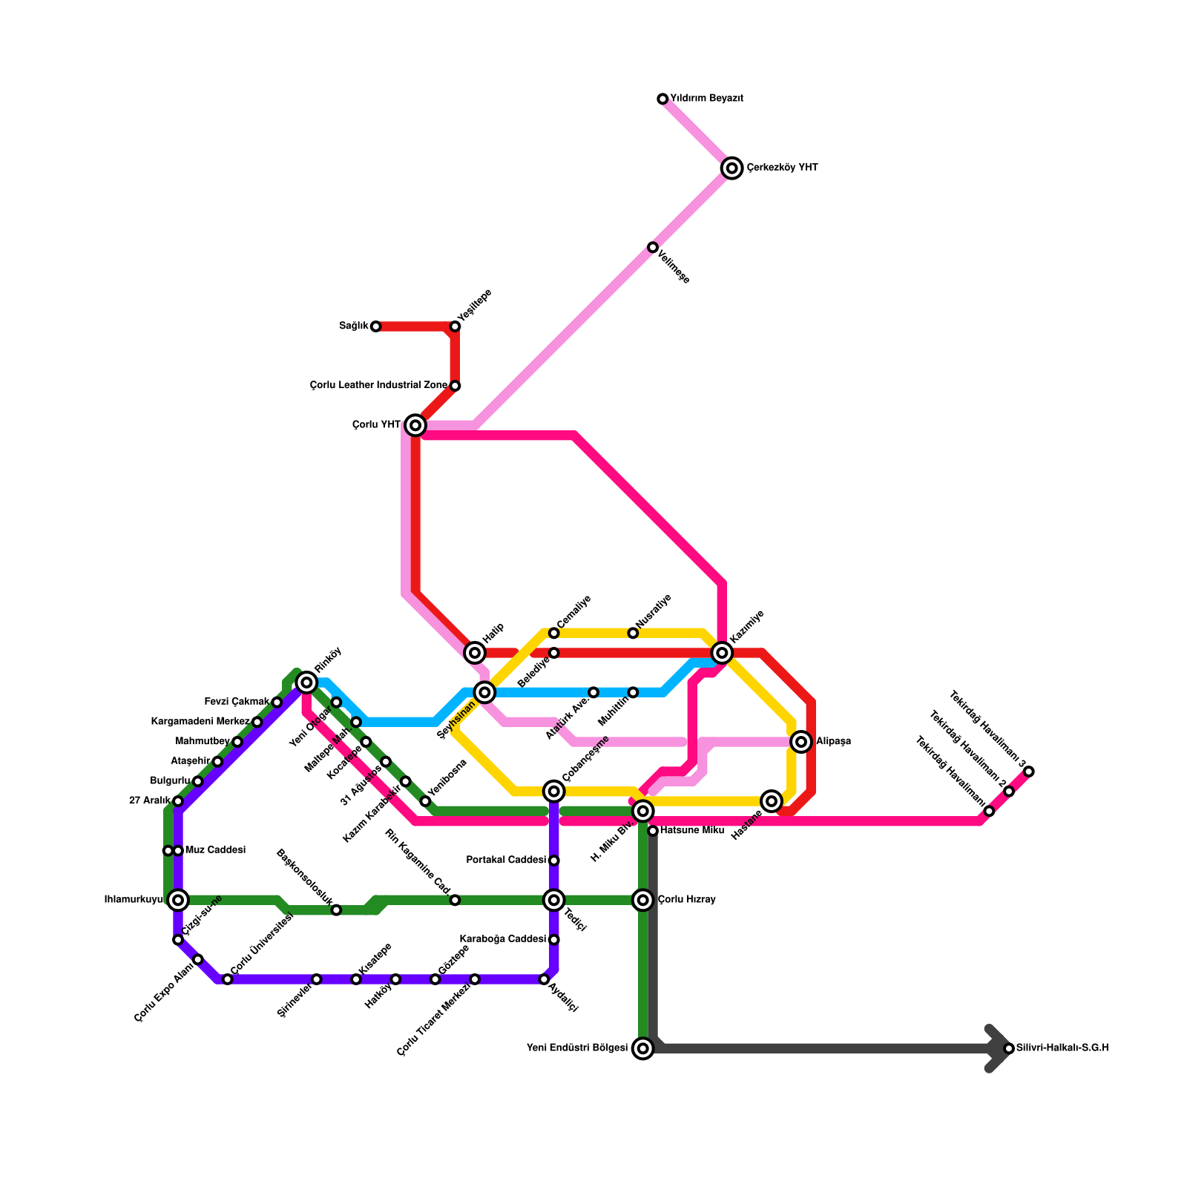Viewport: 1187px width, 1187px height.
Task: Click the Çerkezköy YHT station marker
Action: click(x=732, y=168)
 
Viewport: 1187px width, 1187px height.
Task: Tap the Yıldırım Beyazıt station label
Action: click(x=706, y=99)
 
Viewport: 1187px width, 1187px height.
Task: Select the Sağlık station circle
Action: click(x=376, y=326)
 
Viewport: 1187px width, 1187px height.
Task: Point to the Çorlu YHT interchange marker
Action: click(x=416, y=425)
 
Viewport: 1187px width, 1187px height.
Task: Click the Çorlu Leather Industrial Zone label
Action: click(x=378, y=386)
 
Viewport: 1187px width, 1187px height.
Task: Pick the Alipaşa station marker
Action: click(x=800, y=741)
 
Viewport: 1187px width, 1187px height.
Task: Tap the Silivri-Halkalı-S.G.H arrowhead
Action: click(x=1002, y=1048)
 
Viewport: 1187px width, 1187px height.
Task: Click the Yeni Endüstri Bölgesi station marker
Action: click(x=643, y=1048)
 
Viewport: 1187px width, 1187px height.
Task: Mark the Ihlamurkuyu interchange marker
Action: click(x=178, y=900)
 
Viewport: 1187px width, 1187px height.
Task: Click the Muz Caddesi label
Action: click(x=215, y=850)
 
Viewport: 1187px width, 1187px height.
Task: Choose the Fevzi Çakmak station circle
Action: click(x=277, y=703)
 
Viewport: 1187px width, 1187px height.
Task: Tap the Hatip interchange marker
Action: click(x=476, y=653)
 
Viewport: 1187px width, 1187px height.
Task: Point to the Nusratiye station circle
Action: click(x=633, y=633)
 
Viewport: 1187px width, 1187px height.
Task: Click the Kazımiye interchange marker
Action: click(x=722, y=653)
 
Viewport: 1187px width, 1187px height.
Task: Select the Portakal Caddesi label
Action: click(x=506, y=861)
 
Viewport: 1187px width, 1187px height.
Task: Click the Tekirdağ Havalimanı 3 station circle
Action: click(x=1029, y=772)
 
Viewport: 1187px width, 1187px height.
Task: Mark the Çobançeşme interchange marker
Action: click(x=554, y=792)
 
